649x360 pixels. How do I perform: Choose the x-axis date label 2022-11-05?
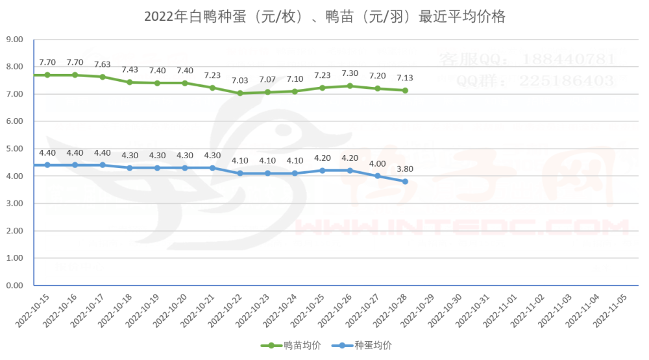click(x=609, y=308)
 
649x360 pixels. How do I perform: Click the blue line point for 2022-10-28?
click(x=405, y=182)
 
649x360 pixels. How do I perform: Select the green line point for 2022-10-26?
click(x=350, y=86)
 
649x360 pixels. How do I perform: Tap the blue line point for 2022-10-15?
click(x=47, y=165)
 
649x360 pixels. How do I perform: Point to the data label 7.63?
click(x=103, y=64)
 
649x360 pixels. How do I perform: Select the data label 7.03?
click(x=241, y=80)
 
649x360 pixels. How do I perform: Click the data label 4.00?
click(x=378, y=164)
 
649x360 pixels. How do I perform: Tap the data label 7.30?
click(x=350, y=73)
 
